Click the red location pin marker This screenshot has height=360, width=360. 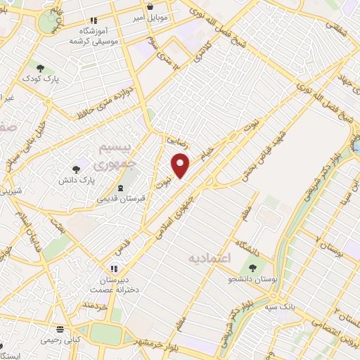[181, 165]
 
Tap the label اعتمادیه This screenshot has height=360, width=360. [210, 259]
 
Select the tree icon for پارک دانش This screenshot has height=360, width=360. [76, 169]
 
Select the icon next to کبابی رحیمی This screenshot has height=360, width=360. [60, 329]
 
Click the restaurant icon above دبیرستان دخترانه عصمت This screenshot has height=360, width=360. [113, 269]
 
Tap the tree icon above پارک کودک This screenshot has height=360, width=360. [40, 68]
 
